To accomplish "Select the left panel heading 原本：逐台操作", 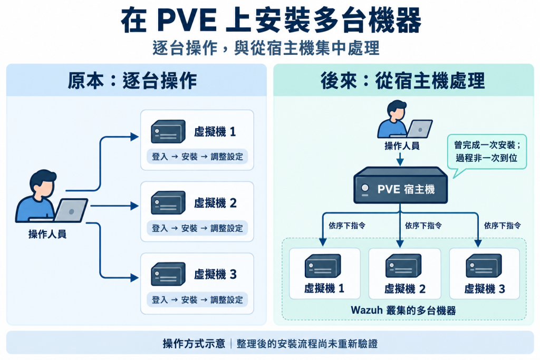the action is [132, 81].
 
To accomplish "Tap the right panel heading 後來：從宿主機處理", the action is [402, 81].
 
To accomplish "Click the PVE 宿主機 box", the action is [401, 185].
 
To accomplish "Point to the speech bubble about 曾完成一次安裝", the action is [487, 152].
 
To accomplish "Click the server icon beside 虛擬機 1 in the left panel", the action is [168, 131].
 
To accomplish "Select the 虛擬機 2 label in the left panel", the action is [215, 203].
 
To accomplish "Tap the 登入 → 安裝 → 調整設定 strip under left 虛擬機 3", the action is [197, 300].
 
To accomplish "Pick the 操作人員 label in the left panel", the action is [47, 235].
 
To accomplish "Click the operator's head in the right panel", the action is [397, 109].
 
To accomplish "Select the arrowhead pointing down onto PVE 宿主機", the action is [400, 162].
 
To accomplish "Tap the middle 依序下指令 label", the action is [423, 226].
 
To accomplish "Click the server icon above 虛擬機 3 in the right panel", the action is [484, 265].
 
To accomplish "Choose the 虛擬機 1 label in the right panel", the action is [324, 288].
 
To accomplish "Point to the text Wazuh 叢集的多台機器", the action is [403, 310].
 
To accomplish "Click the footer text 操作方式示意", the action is [194, 344].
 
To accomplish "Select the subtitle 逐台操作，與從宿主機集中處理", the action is [266, 48].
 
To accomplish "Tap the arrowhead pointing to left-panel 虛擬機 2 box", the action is [134, 206].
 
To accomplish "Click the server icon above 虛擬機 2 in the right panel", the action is [403, 265].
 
